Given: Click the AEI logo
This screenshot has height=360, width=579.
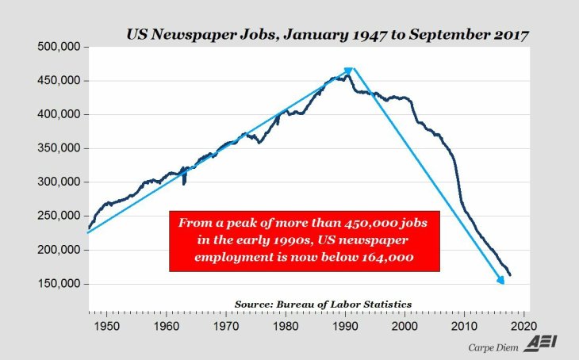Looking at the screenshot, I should [543, 345].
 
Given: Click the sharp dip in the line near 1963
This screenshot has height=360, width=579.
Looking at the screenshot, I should [183, 184].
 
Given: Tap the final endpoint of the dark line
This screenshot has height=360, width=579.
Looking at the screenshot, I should [510, 275].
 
